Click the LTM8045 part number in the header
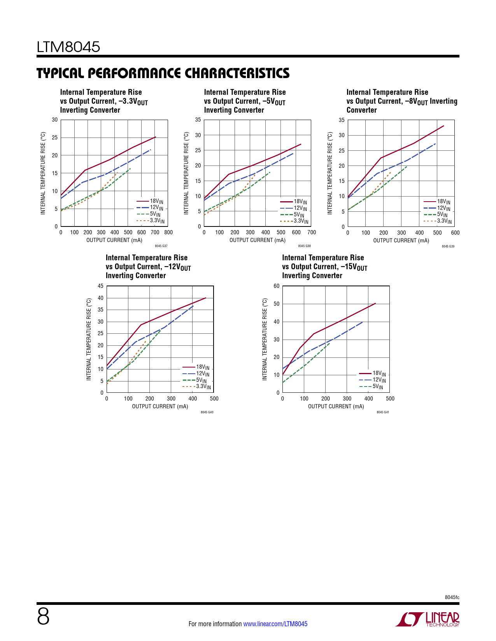pos(68,47)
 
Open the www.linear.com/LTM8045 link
pos(275,624)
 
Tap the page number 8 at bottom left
pos(43,617)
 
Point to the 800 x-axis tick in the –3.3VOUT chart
pos(168,233)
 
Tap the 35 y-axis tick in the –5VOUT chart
pos(198,120)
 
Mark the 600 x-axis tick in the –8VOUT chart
pos(455,233)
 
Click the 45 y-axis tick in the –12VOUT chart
pos(101,286)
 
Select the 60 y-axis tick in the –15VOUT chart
pos(277,286)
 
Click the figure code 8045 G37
pos(161,246)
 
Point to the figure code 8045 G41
pos(383,412)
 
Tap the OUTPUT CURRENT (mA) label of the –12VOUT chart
pos(160,406)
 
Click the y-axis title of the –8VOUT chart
pos(330,173)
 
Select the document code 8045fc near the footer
pos(452,597)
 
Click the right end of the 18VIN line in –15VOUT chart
pos(375,303)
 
